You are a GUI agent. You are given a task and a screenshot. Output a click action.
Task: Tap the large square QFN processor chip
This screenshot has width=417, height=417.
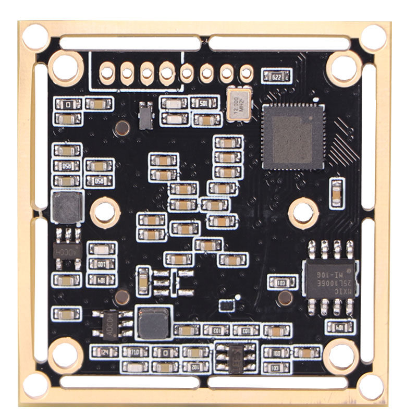(292, 136)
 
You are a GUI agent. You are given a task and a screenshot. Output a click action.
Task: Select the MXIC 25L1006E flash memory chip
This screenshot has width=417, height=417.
(329, 278)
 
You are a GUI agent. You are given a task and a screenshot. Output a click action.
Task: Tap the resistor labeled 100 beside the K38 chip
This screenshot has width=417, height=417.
(276, 353)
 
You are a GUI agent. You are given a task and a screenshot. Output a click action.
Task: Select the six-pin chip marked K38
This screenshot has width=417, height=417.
(236, 357)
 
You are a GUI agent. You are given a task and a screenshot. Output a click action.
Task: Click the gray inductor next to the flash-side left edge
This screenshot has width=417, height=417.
(67, 207)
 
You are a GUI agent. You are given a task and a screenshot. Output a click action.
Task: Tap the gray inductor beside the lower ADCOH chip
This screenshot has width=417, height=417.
(153, 322)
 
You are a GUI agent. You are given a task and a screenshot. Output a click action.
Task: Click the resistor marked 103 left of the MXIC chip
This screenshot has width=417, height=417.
(282, 283)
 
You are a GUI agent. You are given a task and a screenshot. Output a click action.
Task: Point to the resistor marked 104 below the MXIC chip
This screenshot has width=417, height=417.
(339, 327)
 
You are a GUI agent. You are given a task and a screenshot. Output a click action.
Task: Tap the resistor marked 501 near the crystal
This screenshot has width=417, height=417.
(205, 103)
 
